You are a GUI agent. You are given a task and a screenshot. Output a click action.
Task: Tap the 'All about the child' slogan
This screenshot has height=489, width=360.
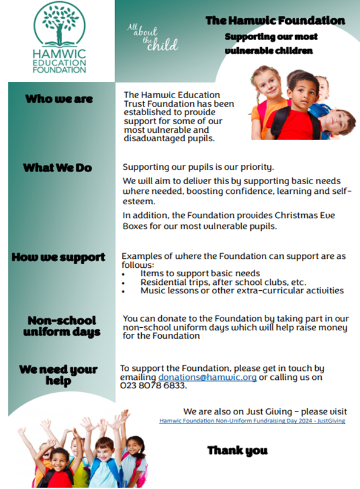(x=152, y=37)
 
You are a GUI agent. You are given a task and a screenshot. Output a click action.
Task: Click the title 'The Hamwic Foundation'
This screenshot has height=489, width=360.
(x=275, y=21)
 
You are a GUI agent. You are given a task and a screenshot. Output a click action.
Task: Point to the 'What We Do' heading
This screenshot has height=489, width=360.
(x=58, y=168)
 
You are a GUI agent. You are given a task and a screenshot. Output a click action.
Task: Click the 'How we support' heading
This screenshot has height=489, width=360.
(x=58, y=258)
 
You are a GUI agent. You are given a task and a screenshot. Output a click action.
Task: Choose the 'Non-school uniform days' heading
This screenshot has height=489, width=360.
(x=61, y=326)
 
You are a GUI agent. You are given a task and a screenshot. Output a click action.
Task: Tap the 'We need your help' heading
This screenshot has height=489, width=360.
(x=58, y=375)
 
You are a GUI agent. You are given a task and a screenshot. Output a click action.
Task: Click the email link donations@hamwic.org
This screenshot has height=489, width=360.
(x=208, y=377)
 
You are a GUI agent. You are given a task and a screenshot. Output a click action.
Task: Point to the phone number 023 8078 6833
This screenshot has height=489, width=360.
(x=153, y=386)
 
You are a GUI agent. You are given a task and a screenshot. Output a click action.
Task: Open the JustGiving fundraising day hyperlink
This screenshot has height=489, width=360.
(x=252, y=421)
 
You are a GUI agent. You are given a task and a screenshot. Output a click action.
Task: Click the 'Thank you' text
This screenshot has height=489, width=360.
(x=238, y=450)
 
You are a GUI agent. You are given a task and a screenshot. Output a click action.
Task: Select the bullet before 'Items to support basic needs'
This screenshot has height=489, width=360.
(x=124, y=274)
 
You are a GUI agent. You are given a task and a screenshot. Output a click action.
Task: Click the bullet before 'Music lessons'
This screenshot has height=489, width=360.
(x=124, y=291)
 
